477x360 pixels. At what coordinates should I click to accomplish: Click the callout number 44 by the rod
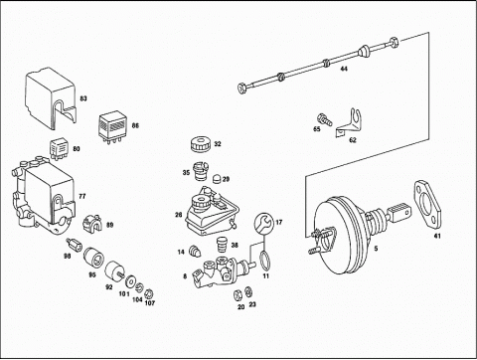pos(344,69)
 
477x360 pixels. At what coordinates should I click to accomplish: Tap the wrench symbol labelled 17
pos(264,223)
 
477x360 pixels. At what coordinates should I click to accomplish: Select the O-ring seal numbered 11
pos(264,260)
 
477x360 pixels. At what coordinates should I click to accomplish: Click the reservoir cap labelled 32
pos(201,144)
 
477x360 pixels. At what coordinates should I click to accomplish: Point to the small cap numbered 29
pos(217,178)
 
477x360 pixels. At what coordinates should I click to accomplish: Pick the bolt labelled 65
pos(324,119)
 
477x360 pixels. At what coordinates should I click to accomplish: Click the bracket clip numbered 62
pos(349,122)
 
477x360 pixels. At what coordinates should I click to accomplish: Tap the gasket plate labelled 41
pos(427,206)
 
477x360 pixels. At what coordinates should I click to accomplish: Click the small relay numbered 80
pos(60,149)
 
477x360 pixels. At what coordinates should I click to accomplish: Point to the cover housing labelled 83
pos(51,97)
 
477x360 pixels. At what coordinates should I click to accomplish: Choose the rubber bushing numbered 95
pos(93,258)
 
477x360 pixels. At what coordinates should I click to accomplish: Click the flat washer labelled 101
pos(131,281)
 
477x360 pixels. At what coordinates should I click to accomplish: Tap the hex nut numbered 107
pos(149,293)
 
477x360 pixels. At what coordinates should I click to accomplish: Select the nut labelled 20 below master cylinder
pos(238,294)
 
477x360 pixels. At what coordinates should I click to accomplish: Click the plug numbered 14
pos(195,251)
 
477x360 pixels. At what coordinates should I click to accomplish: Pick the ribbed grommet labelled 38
pos(222,245)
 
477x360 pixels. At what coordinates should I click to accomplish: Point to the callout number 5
pos(376,248)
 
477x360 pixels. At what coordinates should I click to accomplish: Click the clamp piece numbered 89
pos(92,223)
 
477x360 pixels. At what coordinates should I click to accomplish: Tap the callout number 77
pos(81,196)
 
